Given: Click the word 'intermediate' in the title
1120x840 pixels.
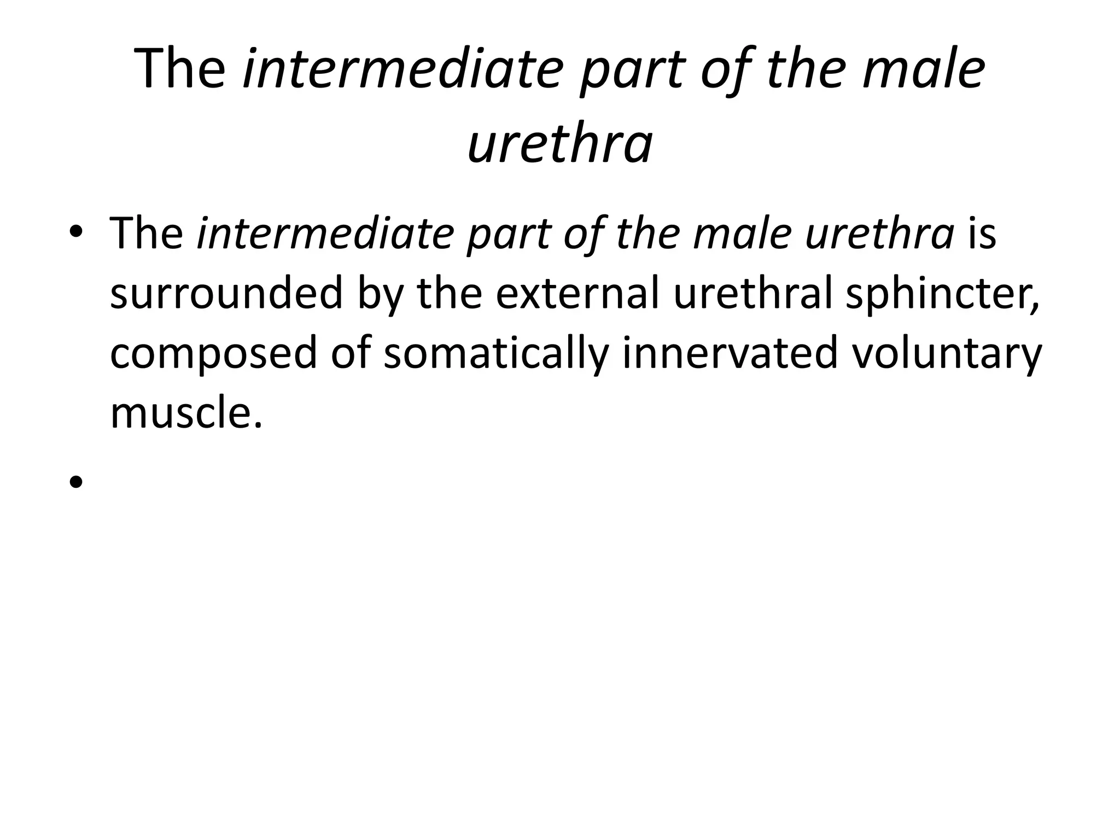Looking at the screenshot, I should click(x=402, y=69).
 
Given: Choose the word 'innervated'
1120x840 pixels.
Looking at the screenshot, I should click(x=730, y=353).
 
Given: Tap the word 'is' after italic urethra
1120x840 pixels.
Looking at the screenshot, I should click(x=982, y=234).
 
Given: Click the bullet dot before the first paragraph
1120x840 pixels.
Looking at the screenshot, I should click(x=76, y=232).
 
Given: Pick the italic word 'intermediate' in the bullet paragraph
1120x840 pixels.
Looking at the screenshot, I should click(x=325, y=234).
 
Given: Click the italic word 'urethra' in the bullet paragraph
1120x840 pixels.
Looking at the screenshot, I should click(x=879, y=234).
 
